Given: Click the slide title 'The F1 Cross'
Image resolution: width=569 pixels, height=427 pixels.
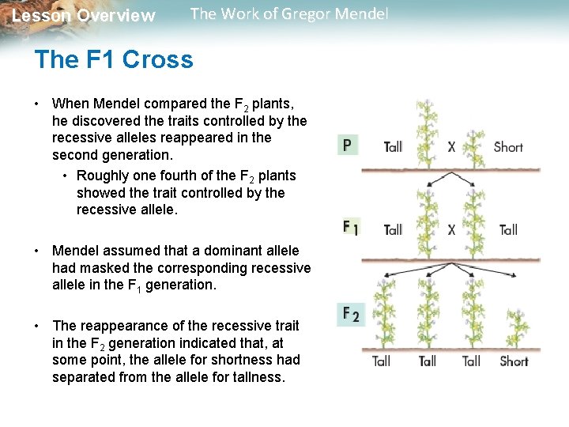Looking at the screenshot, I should [114, 60].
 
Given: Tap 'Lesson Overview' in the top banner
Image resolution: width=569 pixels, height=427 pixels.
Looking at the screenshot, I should [84, 16].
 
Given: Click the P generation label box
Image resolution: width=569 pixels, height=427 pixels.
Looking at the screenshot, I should [347, 145].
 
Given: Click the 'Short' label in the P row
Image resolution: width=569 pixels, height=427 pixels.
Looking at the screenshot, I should [508, 146].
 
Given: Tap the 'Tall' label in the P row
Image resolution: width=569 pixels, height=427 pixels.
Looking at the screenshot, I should [393, 146].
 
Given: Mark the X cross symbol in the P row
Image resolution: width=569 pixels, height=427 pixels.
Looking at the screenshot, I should [451, 146].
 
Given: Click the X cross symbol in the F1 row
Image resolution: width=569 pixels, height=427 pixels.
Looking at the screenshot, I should [451, 229].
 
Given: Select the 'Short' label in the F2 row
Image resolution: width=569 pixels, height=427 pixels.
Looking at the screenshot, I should [514, 361].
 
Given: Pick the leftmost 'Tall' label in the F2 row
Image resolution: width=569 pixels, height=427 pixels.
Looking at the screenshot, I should [381, 361].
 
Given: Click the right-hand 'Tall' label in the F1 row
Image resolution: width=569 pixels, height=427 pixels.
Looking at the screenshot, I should [508, 229].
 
